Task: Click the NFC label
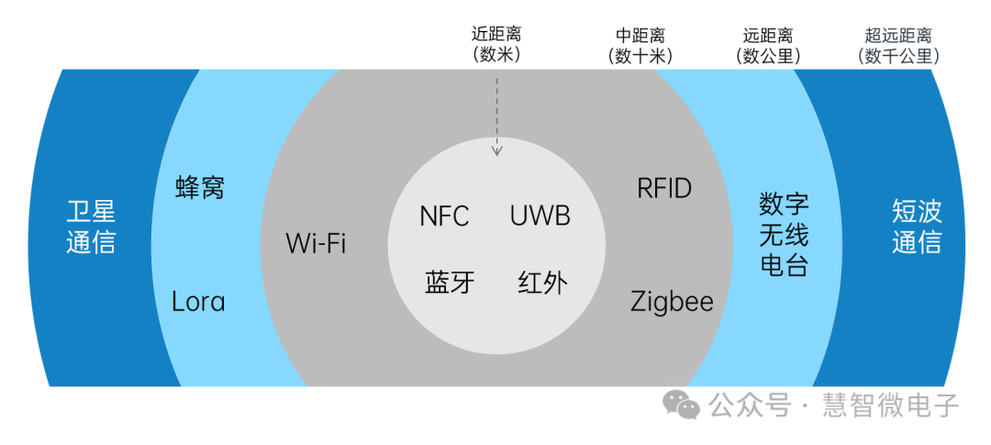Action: [444, 216]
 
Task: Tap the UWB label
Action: [540, 216]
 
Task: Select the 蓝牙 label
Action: [450, 282]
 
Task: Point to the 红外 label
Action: [542, 282]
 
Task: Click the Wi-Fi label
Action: [316, 244]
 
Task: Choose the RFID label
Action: [664, 189]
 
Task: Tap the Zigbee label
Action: [672, 301]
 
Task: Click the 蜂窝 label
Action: [200, 188]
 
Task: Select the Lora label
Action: [198, 301]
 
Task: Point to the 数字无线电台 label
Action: [784, 235]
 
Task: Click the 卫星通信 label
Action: [91, 228]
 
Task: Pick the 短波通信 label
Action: [917, 228]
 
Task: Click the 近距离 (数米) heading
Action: [496, 45]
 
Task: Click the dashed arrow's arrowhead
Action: [497, 150]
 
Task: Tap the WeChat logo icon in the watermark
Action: [682, 404]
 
